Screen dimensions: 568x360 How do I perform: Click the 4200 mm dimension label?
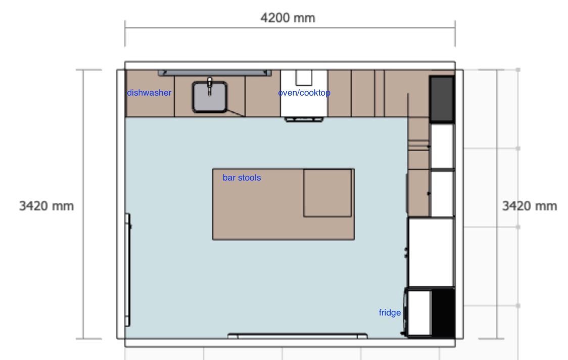tap(288, 18)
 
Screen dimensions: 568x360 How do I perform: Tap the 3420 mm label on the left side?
tap(46, 206)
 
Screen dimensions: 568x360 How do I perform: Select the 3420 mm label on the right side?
tap(529, 206)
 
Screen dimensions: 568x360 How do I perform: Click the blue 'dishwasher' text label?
tap(149, 93)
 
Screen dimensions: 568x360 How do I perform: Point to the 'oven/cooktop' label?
tap(304, 93)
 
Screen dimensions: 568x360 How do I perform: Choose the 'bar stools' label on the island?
tap(242, 177)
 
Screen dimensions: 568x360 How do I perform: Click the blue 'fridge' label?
tap(390, 312)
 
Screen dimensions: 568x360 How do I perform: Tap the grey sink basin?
tap(210, 97)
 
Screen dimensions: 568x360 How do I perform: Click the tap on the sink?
tap(209, 86)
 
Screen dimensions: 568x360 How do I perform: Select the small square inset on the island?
tap(327, 193)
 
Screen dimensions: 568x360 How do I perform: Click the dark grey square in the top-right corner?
tap(442, 99)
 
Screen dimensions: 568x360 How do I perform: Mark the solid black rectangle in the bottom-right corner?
tap(443, 312)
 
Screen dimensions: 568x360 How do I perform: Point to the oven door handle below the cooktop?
tap(304, 119)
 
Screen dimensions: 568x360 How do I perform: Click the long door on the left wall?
tap(127, 270)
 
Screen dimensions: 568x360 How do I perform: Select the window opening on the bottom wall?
tap(298, 336)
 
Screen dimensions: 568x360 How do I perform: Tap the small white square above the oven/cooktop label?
tap(304, 77)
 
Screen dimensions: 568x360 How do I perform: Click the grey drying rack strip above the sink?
tap(214, 73)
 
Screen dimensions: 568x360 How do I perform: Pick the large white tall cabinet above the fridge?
tap(431, 252)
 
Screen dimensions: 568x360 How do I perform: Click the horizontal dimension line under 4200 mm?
tap(290, 27)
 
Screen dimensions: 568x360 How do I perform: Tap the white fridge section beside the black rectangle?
tap(419, 312)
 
